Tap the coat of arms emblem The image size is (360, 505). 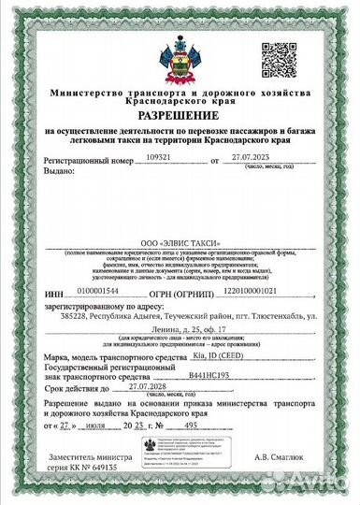pyautogui.click(x=180, y=56)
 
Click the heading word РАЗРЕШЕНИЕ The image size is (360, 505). pyautogui.click(x=180, y=115)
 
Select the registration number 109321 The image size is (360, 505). pyautogui.click(x=163, y=159)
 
